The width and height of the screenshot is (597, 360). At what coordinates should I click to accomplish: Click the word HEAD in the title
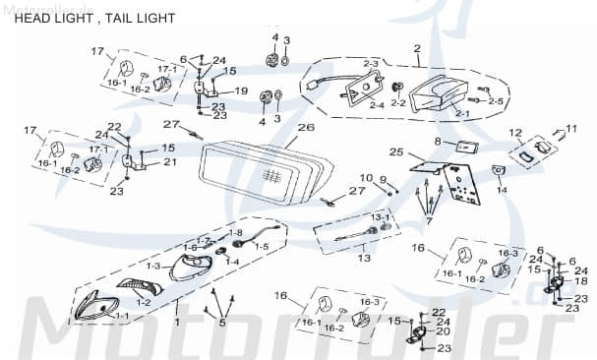click(24, 18)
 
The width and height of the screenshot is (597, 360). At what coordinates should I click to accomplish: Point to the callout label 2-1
click(435, 114)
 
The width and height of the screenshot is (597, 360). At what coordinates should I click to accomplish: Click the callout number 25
click(396, 152)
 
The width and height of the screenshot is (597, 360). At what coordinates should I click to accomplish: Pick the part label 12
click(515, 132)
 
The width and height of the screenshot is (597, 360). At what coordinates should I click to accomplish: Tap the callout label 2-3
click(371, 64)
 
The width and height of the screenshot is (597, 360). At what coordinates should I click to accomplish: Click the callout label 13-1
click(381, 216)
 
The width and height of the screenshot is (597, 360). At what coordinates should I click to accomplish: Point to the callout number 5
click(222, 322)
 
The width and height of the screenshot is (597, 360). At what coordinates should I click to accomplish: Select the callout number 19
click(241, 91)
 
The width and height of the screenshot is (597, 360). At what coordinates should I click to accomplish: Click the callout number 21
click(169, 162)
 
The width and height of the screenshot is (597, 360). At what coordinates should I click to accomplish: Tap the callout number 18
click(581, 281)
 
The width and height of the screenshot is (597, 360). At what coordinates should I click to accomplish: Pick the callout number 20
click(445, 330)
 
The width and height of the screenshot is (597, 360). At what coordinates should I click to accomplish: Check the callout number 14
click(502, 191)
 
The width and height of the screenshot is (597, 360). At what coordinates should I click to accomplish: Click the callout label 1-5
click(261, 247)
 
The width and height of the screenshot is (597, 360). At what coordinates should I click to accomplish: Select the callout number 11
click(571, 129)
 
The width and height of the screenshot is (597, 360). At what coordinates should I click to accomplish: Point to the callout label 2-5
click(496, 101)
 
